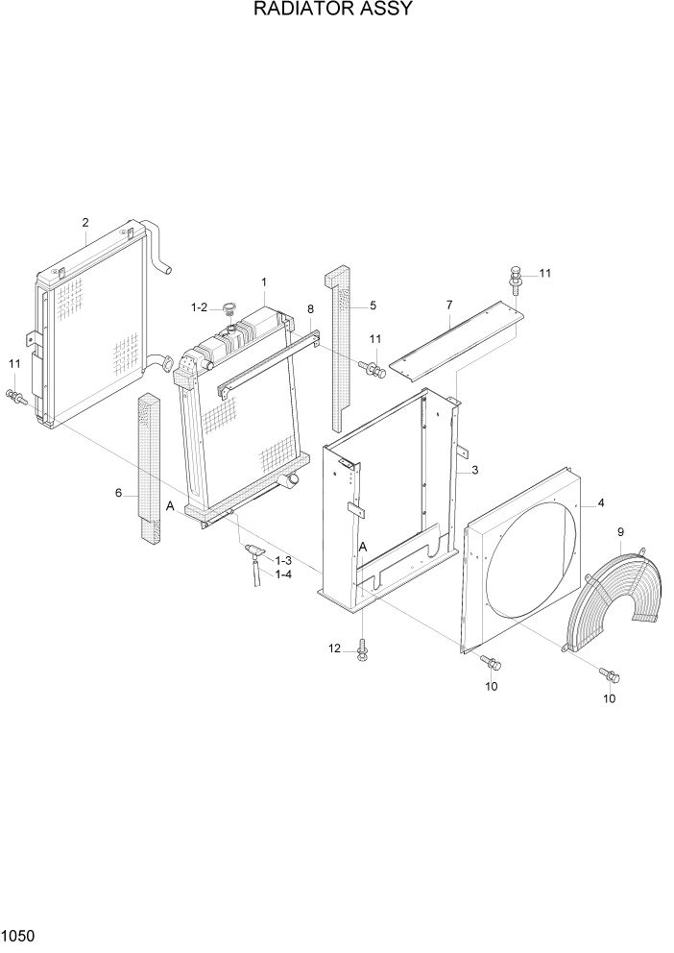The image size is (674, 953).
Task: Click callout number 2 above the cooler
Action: point(85,223)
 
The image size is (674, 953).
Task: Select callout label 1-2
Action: point(199,306)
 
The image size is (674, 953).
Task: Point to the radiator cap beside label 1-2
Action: point(229,308)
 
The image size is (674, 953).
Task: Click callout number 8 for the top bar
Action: point(310,308)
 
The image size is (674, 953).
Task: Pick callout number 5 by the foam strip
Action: point(373,305)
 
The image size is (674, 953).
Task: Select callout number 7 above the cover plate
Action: point(448,305)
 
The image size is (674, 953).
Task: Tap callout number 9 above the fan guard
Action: point(621,531)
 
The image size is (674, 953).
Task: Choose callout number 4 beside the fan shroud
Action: point(600,502)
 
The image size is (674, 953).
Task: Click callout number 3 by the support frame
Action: point(473,470)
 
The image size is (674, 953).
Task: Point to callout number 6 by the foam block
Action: point(119,493)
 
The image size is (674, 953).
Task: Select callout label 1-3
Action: point(283,560)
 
